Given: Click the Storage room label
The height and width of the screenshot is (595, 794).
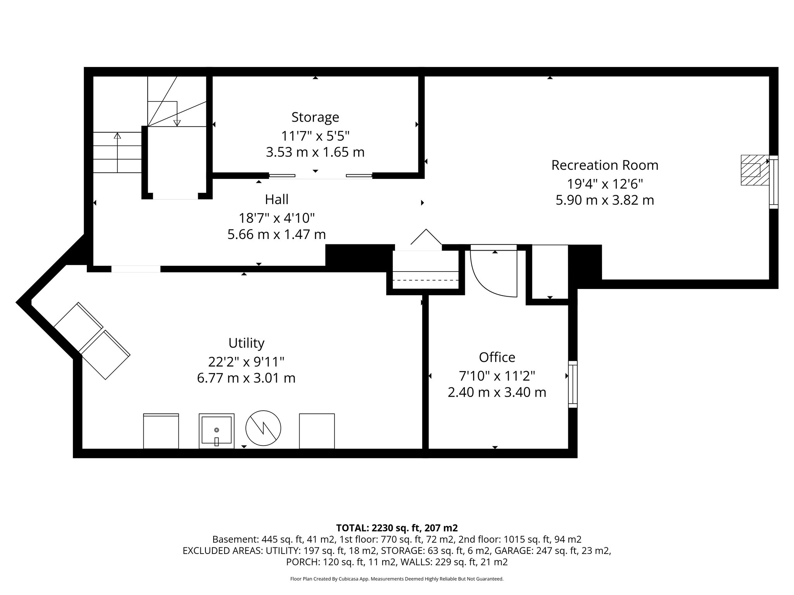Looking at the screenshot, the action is coord(315,117).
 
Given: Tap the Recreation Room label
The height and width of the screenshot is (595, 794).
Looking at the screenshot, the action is coord(605,165).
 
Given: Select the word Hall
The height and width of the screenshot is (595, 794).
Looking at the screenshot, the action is coord(276,199).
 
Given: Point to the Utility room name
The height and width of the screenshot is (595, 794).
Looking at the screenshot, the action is coord(246,343).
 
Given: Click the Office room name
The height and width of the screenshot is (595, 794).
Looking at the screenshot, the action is coord(497,357).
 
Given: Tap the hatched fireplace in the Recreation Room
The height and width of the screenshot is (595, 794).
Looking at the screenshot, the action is coord(754,170).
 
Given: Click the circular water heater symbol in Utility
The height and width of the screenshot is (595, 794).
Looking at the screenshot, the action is coord(263,428).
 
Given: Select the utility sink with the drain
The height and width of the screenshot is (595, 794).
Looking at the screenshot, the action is coord(217,431).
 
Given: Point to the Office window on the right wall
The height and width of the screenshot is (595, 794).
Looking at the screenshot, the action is coord(573,384).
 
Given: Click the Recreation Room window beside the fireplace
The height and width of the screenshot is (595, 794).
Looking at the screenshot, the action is coord(773,182).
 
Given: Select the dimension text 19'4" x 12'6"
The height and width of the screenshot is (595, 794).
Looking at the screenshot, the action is coord(605,184).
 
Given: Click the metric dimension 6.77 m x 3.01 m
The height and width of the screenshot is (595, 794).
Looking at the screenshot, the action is coord(246,378).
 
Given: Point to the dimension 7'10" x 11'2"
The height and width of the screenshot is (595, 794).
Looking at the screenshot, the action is coord(497,376).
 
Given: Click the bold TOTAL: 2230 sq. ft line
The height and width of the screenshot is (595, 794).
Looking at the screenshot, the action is coord(397,528).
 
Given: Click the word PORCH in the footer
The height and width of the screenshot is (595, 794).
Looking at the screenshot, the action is coord(299,562).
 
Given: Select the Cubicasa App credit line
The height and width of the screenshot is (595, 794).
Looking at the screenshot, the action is coord(397,579).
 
